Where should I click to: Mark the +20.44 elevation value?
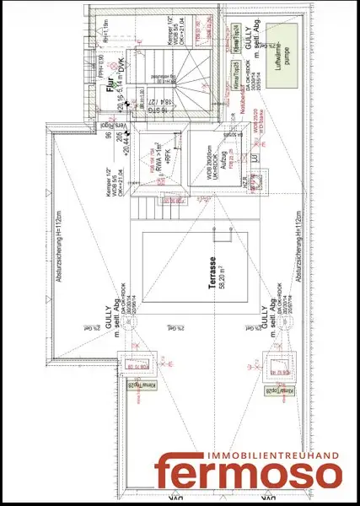pos(127,145)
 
